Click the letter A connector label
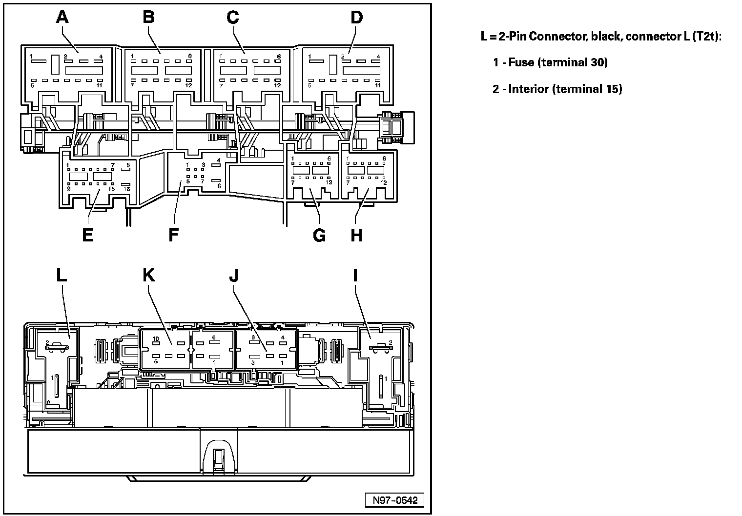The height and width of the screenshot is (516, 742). tap(62, 18)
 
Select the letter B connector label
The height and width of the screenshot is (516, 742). tap(148, 18)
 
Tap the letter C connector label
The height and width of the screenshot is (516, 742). tap(233, 18)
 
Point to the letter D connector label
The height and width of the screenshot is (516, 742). tap(357, 18)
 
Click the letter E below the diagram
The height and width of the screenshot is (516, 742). tap(88, 235)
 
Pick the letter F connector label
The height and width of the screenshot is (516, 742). tap(173, 235)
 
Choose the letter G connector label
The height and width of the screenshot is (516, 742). tap(319, 235)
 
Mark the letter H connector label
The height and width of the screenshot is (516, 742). tap(356, 235)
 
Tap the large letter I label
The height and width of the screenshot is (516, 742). tap(355, 276)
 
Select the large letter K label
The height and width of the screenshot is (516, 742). tap(148, 276)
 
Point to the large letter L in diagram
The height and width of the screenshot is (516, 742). tap(62, 276)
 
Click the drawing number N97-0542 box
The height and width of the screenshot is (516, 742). tap(395, 500)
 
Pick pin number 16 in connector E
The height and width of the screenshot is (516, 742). tap(126, 189)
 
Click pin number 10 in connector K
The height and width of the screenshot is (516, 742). tap(156, 338)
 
